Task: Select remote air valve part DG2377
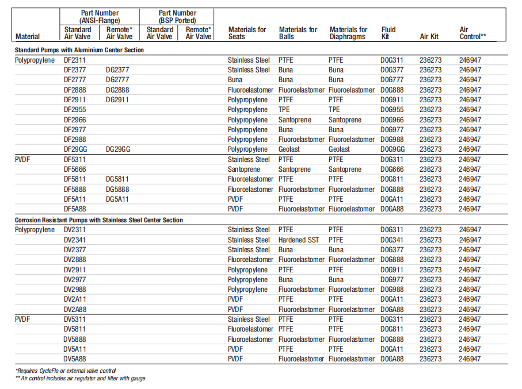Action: pyautogui.click(x=117, y=70)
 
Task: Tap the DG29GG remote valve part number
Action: pyautogui.click(x=118, y=149)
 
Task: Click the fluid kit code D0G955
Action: pyautogui.click(x=392, y=110)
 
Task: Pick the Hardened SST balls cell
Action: pyautogui.click(x=299, y=240)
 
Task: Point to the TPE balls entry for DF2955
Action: pyautogui.click(x=284, y=110)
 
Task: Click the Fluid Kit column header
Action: pyautogui.click(x=388, y=33)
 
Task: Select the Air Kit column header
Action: pyautogui.click(x=429, y=37)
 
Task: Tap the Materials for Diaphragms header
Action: pyautogui.click(x=348, y=33)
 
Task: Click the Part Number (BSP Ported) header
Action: pyautogui.click(x=178, y=17)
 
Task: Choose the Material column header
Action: pyautogui.click(x=28, y=37)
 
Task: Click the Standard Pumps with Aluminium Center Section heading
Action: pyautogui.click(x=79, y=50)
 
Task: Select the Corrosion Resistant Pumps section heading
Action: pyautogui.click(x=99, y=220)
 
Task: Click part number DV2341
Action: pyautogui.click(x=74, y=240)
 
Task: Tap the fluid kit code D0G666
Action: pyautogui.click(x=392, y=170)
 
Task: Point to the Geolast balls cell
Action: pyautogui.click(x=289, y=149)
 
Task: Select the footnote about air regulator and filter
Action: pyautogui.click(x=80, y=379)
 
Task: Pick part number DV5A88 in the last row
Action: pyautogui.click(x=75, y=359)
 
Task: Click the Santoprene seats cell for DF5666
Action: pyautogui.click(x=243, y=170)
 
